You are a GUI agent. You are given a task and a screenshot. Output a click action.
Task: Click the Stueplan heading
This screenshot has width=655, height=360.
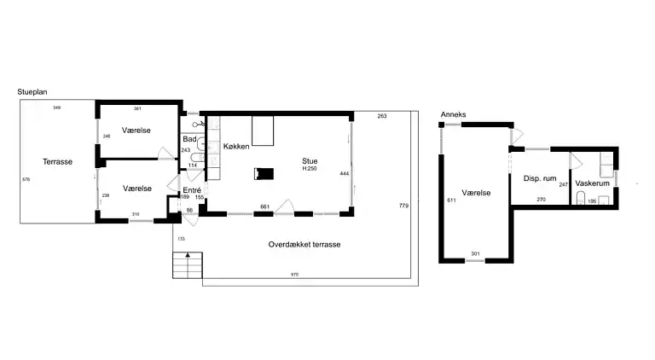[32, 92]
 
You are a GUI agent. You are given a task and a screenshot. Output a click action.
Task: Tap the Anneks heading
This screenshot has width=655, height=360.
[453, 114]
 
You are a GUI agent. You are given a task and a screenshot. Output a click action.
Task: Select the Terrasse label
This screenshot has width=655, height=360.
[58, 161]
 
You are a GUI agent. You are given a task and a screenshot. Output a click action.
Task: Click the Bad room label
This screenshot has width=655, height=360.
[189, 139]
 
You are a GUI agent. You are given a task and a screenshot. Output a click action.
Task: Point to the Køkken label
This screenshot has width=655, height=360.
[236, 146]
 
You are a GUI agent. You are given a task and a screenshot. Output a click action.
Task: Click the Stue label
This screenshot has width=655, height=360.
[310, 160]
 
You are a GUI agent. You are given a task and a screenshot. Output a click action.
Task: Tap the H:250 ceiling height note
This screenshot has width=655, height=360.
[310, 169]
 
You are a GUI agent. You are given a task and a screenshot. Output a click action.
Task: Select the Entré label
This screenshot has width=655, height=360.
[192, 190]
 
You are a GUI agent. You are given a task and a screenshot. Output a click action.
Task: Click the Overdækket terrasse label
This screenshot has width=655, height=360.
[304, 244]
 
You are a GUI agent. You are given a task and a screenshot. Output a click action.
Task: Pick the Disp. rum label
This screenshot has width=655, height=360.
[540, 178]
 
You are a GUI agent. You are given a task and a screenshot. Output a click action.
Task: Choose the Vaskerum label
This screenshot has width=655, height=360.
[592, 183]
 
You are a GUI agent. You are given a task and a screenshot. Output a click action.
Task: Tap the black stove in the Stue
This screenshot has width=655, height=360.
[264, 174]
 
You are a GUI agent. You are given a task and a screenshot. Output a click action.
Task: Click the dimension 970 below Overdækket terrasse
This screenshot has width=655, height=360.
[294, 275]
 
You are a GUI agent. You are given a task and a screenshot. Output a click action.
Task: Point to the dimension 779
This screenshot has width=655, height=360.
[403, 206]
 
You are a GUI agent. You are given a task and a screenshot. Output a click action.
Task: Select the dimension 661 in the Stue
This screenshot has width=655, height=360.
[265, 206]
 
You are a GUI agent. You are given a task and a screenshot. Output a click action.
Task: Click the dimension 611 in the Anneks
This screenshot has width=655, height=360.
[451, 200]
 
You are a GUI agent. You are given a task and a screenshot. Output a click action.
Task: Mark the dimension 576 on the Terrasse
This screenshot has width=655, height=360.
[26, 180]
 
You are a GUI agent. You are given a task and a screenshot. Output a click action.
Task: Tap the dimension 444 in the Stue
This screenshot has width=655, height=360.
[345, 173]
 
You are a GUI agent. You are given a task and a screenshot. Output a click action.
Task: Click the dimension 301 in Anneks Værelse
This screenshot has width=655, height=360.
[475, 253]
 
